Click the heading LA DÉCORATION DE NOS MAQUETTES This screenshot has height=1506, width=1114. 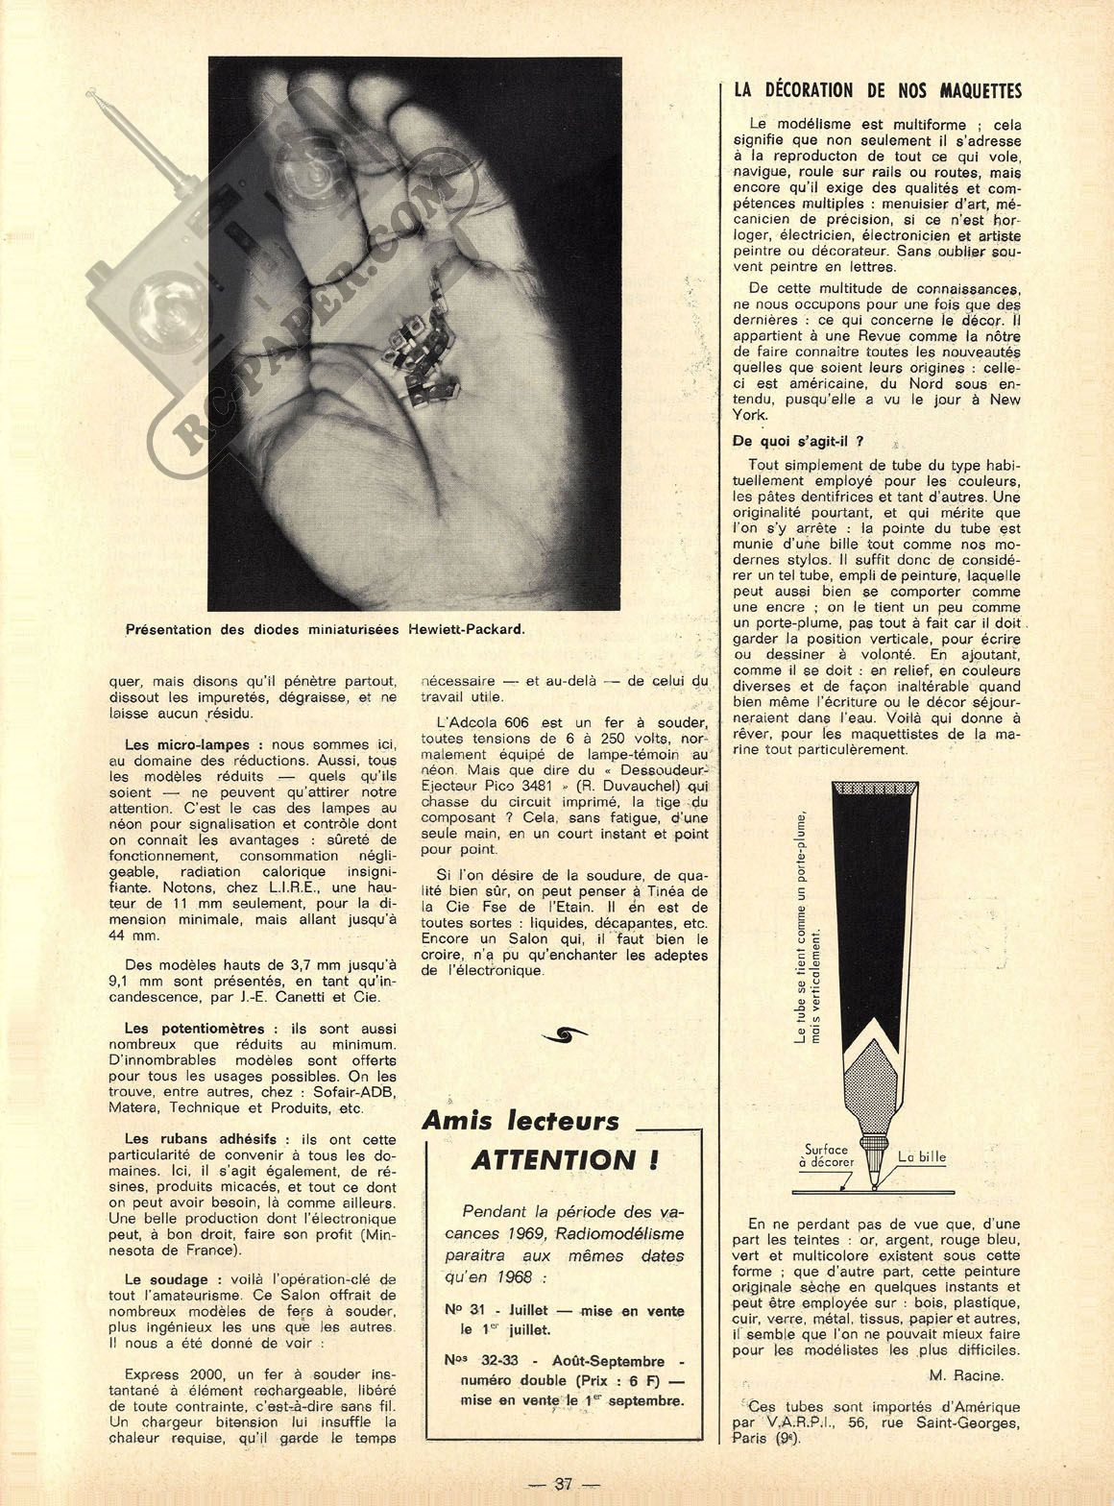(x=877, y=91)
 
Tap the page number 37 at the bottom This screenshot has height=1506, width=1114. (x=563, y=1483)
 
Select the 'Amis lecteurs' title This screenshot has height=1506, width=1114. (x=521, y=1121)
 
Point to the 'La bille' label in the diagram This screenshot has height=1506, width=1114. (x=922, y=1156)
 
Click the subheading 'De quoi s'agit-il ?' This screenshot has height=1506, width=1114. (x=798, y=442)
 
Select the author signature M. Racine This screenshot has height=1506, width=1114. (x=966, y=1374)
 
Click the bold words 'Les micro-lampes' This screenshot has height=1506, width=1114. (x=187, y=744)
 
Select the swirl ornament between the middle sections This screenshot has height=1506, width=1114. (x=566, y=1033)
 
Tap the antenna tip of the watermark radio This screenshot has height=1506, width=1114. (x=93, y=94)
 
